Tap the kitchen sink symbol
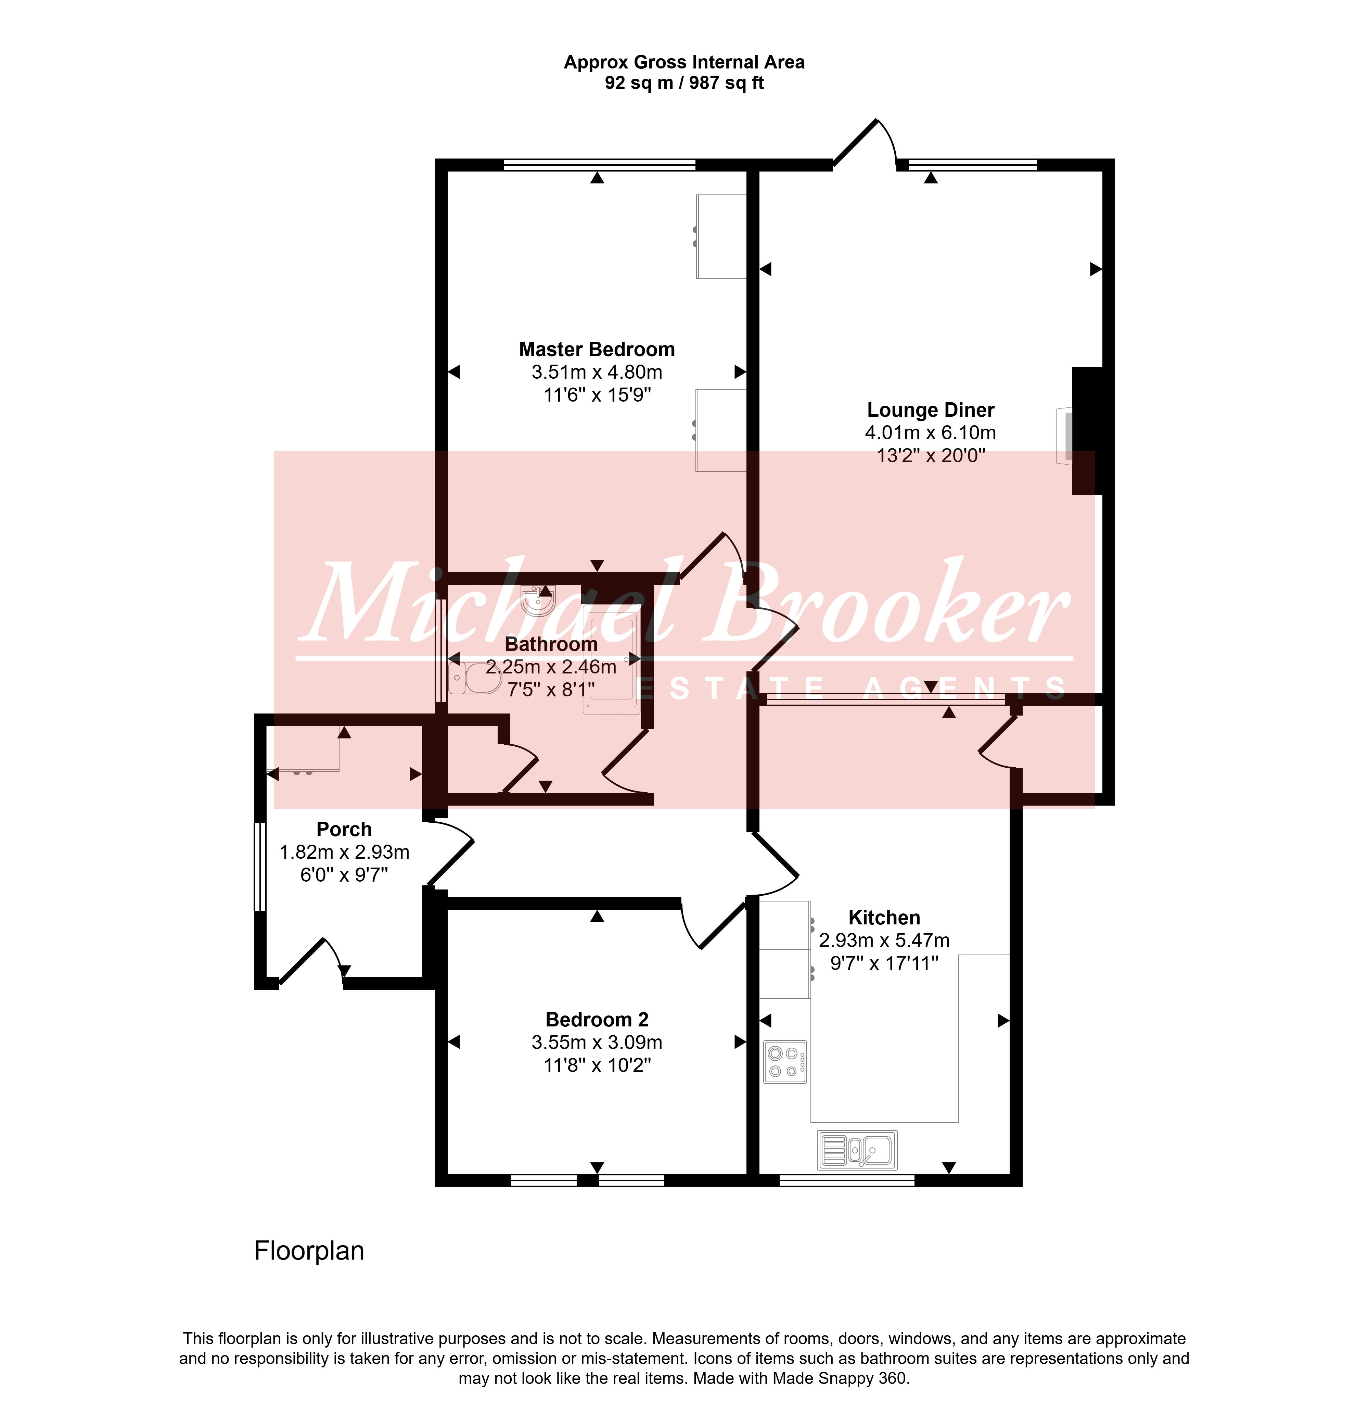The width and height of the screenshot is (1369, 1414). (858, 1150)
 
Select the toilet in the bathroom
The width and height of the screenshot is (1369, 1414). (474, 678)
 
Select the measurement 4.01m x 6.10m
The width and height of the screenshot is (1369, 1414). (931, 433)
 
